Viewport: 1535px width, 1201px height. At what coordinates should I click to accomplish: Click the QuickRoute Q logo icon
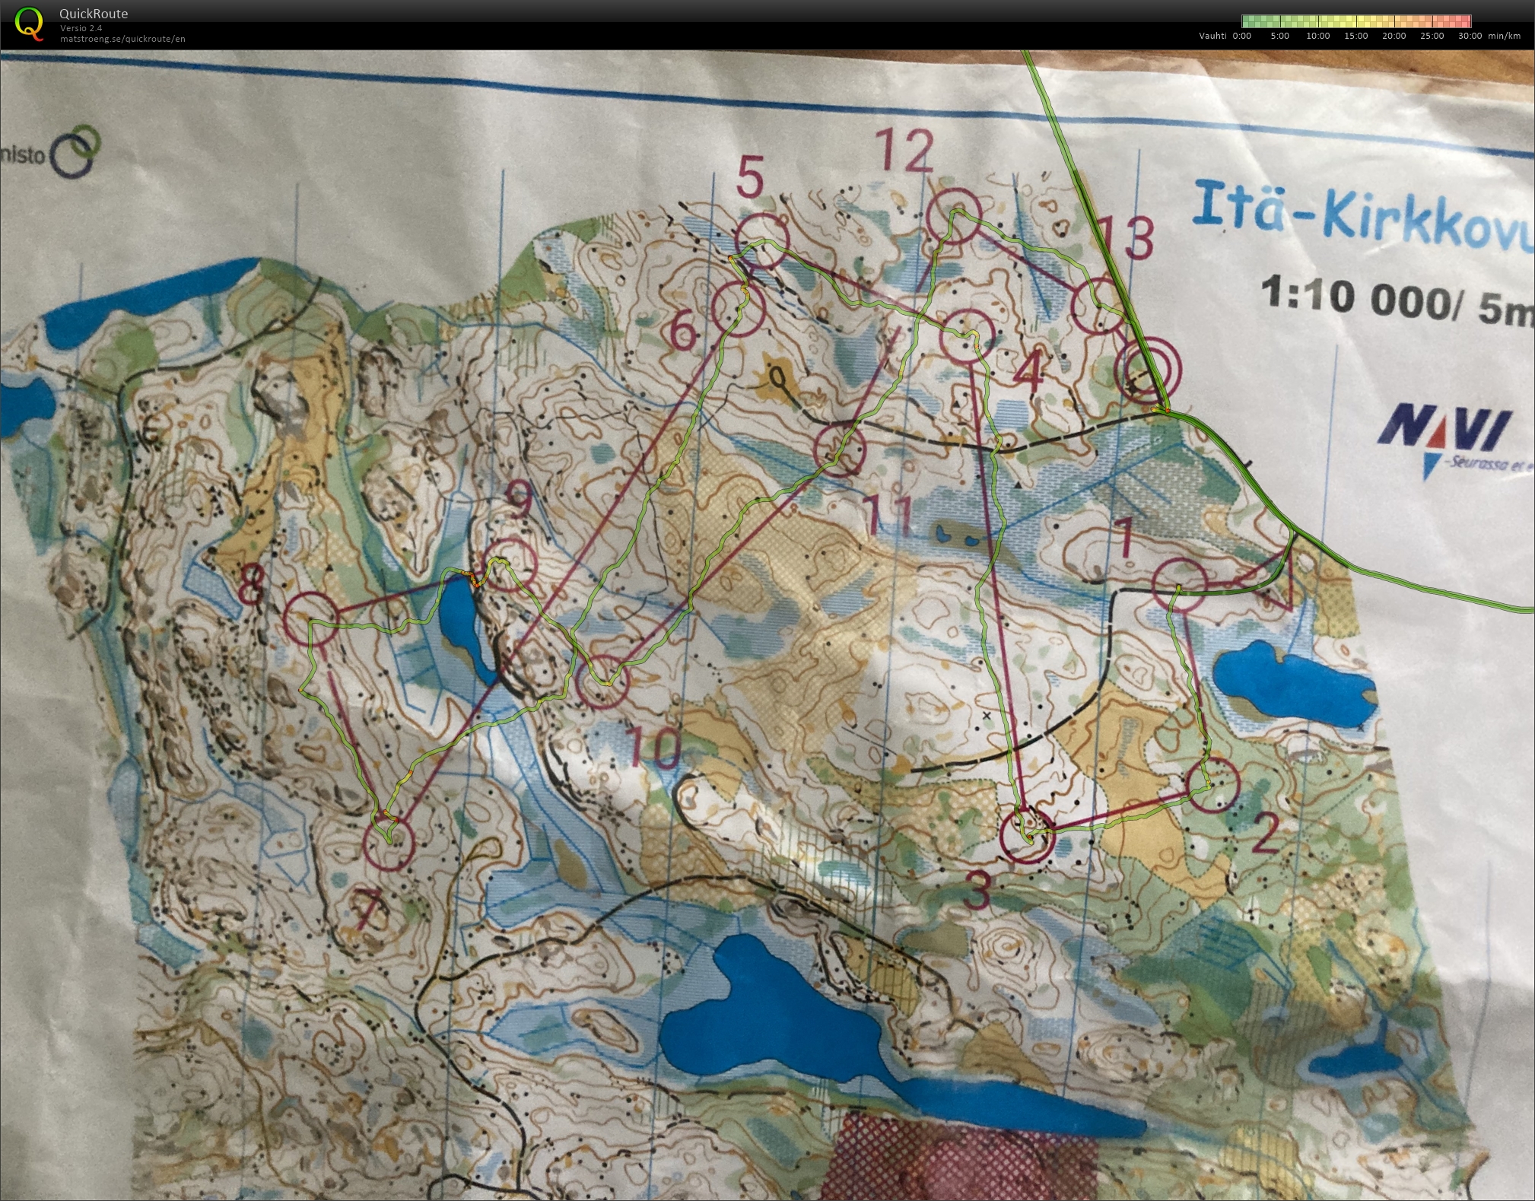pyautogui.click(x=28, y=23)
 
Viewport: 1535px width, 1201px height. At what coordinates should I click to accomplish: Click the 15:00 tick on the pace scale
pyautogui.click(x=1355, y=36)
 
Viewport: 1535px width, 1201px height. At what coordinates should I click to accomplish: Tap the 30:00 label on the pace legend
pyautogui.click(x=1470, y=36)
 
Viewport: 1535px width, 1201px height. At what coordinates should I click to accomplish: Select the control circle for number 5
pyautogui.click(x=762, y=242)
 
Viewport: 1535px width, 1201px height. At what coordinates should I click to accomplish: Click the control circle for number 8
pyautogui.click(x=311, y=618)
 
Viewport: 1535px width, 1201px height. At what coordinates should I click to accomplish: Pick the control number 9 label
pyautogui.click(x=520, y=499)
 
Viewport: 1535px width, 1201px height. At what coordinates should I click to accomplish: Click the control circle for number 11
pyautogui.click(x=841, y=450)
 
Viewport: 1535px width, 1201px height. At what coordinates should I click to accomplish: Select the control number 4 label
pyautogui.click(x=1028, y=373)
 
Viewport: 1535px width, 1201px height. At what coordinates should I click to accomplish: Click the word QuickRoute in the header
pyautogui.click(x=94, y=14)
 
